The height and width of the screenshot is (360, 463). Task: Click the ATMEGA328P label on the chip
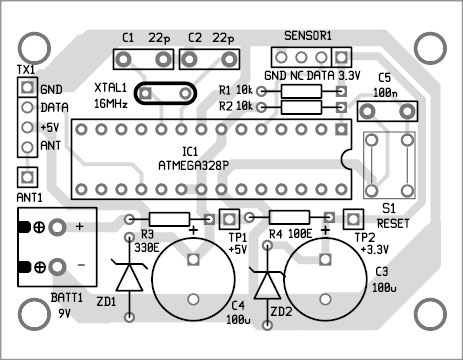(193, 166)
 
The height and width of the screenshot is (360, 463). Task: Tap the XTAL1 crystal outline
(165, 83)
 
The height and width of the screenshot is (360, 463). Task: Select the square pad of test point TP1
(229, 219)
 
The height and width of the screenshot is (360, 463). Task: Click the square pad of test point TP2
(353, 219)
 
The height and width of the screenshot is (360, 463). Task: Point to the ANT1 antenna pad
(27, 177)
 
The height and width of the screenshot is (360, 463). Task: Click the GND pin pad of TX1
(27, 88)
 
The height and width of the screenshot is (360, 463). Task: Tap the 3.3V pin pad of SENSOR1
(341, 57)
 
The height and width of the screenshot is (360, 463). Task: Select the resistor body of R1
(301, 91)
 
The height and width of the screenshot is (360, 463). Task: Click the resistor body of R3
(169, 219)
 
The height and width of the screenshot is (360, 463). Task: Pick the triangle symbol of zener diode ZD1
(129, 276)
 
